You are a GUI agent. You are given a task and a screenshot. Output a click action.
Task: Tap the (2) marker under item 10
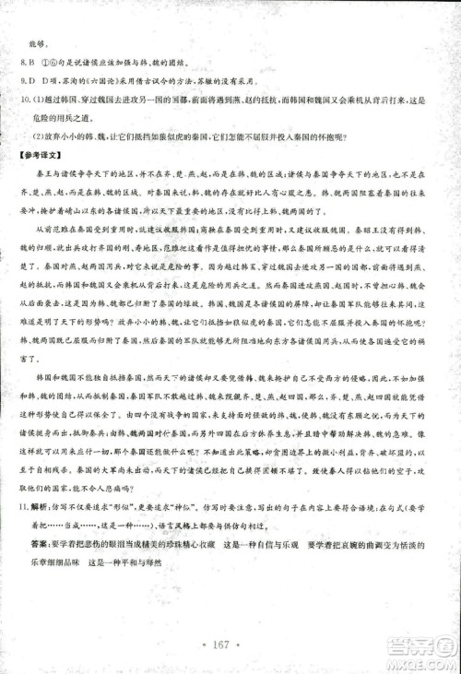(x=40, y=135)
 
